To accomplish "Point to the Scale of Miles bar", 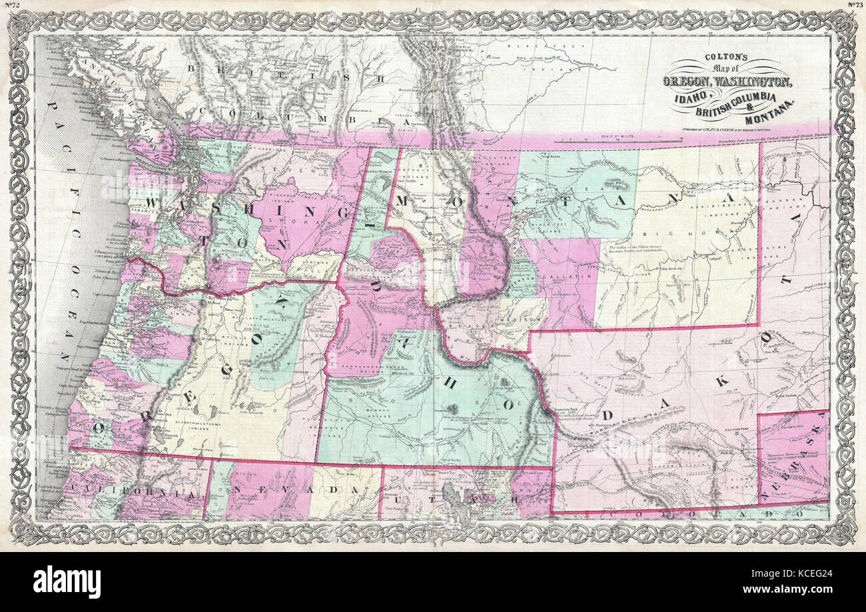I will click(618, 140).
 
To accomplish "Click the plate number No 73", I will click(855, 5).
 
